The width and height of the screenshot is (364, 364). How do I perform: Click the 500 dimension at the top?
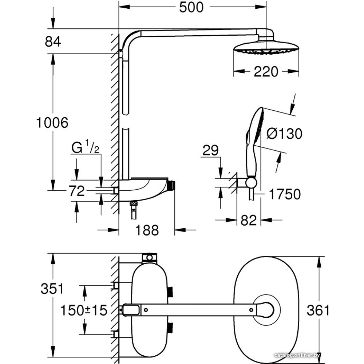(x=191, y=7)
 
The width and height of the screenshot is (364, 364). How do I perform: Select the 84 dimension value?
(x=53, y=41)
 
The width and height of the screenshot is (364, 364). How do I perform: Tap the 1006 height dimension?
(x=52, y=123)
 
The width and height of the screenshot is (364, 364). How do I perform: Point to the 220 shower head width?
(x=266, y=72)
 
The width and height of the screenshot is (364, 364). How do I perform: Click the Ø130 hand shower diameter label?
(x=284, y=134)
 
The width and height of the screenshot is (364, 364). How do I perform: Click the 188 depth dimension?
(x=147, y=230)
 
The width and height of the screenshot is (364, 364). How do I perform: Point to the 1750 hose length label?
(x=285, y=194)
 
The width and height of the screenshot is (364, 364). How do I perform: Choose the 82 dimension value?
(x=249, y=220)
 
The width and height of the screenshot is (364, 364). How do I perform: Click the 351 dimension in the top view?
(x=52, y=289)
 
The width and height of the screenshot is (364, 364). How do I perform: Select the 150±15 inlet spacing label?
(x=84, y=310)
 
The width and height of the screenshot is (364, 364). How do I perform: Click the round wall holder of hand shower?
(x=250, y=182)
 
